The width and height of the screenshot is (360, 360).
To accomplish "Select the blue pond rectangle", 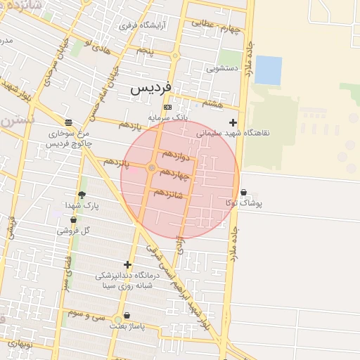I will [x=268, y=70].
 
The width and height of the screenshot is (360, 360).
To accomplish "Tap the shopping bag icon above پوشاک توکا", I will [x=243, y=192].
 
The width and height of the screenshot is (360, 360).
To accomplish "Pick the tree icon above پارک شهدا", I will [x=82, y=195].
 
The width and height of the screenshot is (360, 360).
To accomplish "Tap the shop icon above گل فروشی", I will [x=73, y=220].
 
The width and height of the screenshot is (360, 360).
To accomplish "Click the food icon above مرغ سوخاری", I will [x=68, y=121].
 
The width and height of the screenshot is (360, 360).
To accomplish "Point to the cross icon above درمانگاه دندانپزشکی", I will [x=127, y=265].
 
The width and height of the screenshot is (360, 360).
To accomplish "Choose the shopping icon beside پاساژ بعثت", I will [x=127, y=316].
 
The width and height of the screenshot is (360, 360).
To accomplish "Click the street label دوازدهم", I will [x=176, y=153].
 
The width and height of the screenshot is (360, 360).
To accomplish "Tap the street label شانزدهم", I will [x=167, y=193].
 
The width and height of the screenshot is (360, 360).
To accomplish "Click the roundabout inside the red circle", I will [x=152, y=167].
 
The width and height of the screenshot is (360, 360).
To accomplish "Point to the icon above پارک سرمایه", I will [x=167, y=107].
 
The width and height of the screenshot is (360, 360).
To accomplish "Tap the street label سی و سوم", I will [x=86, y=312].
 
